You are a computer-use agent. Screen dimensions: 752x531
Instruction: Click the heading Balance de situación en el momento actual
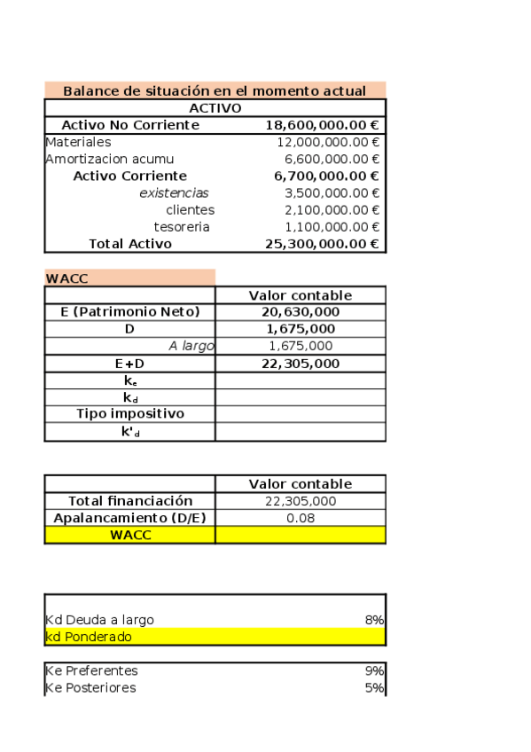pos(215,90)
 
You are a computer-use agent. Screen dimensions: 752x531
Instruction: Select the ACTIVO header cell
pos(215,107)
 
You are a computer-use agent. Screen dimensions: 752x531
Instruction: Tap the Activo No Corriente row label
pos(129,125)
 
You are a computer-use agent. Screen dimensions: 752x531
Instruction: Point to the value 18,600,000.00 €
pos(323,125)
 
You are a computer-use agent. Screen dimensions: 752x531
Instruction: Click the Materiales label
pos(78,142)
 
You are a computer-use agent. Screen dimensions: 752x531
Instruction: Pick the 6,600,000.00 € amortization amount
pos(332,159)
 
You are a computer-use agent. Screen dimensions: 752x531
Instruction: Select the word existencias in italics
pos(174,192)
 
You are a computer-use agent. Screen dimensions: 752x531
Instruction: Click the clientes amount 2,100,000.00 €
pos(332,210)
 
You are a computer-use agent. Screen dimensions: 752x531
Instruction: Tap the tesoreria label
pos(182,227)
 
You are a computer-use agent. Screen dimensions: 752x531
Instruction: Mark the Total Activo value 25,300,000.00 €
pos(323,244)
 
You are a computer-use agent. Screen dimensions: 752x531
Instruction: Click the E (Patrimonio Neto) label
pos(129,312)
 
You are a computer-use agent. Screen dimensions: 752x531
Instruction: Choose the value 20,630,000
pos(301,312)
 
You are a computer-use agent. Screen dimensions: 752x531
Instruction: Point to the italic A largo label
pos(191,346)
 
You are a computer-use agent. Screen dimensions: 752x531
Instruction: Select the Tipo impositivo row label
pos(129,414)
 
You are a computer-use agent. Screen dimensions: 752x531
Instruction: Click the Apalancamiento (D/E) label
pos(129,518)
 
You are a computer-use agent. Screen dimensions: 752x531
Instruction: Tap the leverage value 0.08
pos(301,518)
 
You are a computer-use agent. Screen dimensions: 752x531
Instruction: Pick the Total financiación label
pos(129,501)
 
